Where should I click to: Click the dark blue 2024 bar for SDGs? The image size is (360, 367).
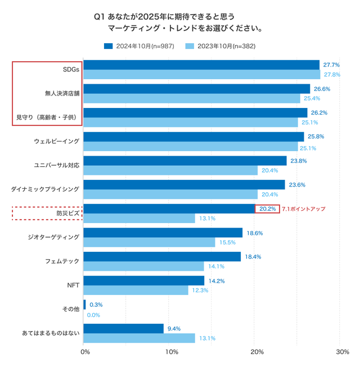point(201,65)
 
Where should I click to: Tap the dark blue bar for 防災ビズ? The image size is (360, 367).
point(169,209)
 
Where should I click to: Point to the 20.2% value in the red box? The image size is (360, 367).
point(267,209)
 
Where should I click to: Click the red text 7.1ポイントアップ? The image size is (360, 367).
point(303,209)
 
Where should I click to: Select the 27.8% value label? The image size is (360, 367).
point(332,74)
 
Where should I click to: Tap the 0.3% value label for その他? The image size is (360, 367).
point(96,305)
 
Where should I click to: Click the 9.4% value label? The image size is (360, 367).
point(174,328)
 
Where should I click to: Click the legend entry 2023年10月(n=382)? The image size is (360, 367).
point(219,46)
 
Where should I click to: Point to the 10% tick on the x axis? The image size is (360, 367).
point(172,352)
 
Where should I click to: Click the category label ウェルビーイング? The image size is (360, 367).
point(56,141)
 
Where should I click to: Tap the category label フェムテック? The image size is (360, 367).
point(62,261)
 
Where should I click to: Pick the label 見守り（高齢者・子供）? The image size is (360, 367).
point(47,117)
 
